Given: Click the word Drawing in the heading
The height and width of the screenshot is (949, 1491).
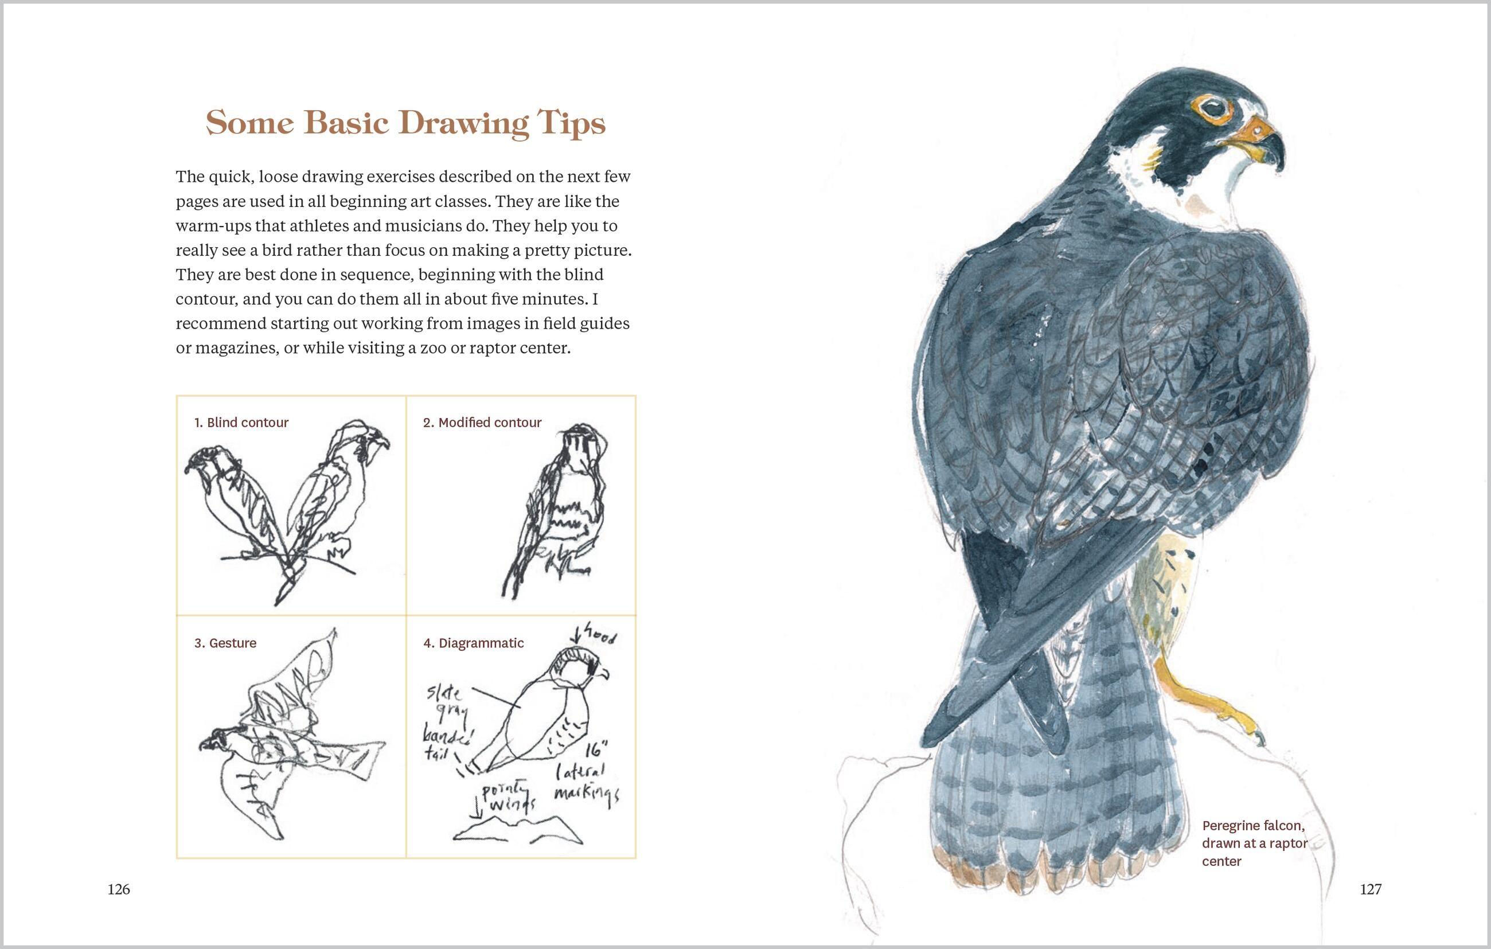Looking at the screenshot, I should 464,123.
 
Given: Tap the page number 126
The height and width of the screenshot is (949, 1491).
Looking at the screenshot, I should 119,889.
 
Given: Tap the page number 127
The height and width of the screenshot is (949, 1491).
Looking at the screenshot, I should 1371,889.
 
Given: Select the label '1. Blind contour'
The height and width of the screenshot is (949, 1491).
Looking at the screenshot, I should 241,422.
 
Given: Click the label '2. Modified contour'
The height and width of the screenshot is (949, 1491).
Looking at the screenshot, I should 482,422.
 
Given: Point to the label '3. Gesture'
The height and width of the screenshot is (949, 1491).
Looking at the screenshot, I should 225,643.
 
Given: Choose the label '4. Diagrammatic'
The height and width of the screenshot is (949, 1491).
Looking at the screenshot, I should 473,643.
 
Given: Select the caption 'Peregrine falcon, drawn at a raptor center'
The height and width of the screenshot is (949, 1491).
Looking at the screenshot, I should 1253,842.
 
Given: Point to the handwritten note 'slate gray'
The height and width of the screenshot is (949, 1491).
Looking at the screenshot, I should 446,703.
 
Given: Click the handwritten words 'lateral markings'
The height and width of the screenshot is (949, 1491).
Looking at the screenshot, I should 584,783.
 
